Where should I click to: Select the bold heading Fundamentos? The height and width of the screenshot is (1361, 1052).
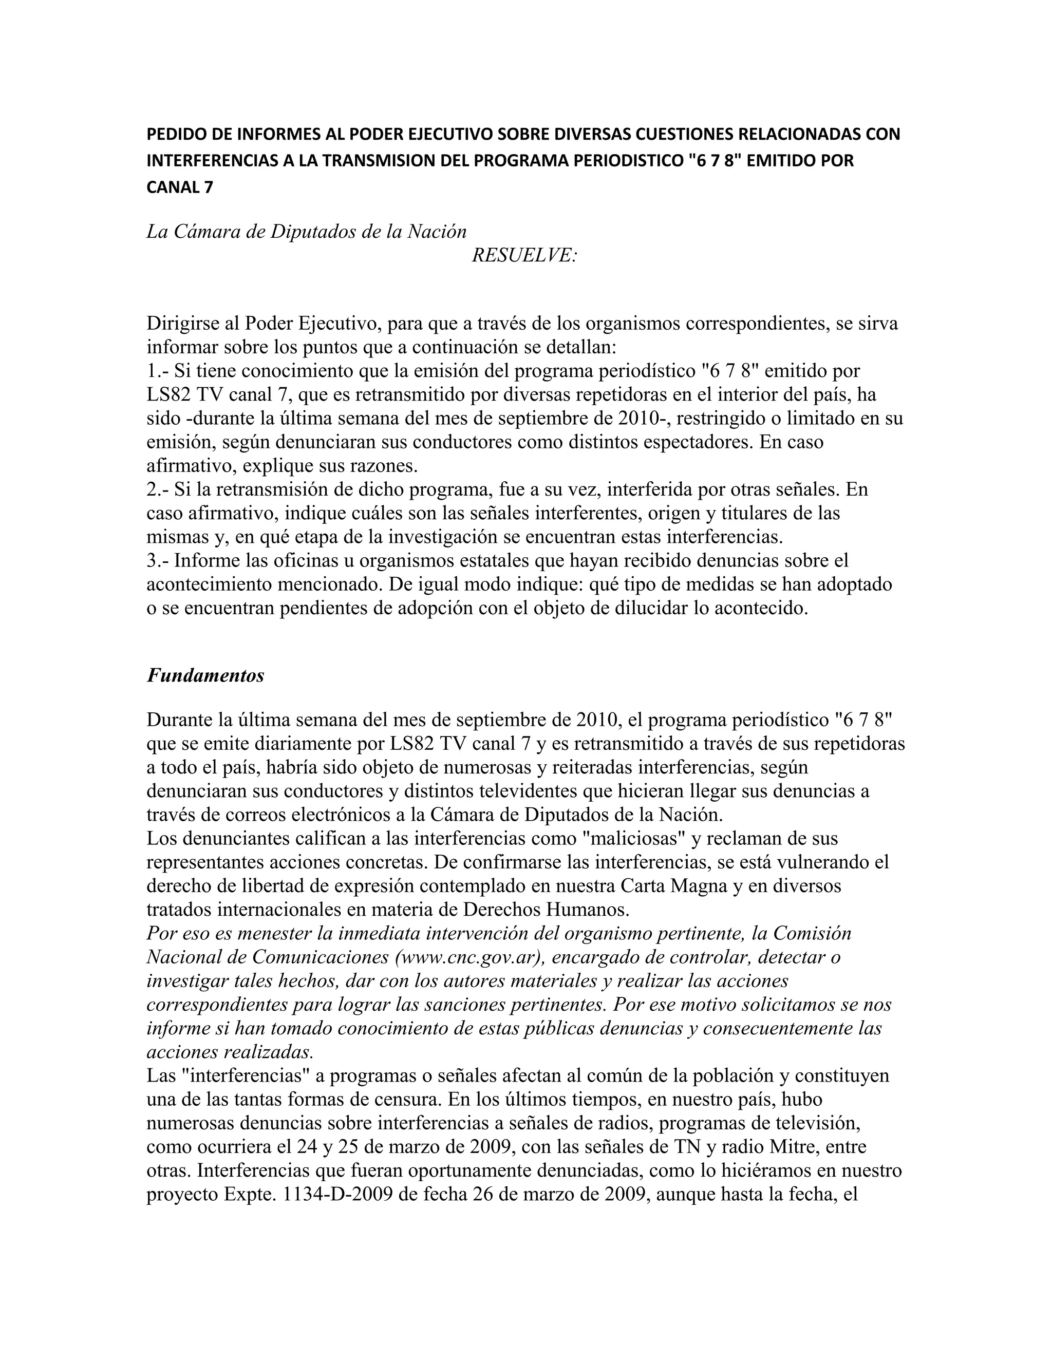click(205, 675)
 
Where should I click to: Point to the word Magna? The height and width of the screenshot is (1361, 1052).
click(701, 886)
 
